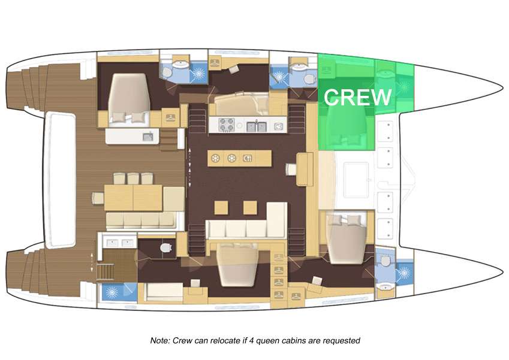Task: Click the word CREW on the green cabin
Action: [357, 97]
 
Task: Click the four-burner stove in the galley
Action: [227, 125]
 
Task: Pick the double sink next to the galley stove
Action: [257, 126]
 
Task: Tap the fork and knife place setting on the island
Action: [248, 158]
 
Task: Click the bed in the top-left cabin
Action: [129, 98]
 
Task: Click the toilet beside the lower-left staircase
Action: [166, 248]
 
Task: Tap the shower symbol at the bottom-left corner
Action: [113, 292]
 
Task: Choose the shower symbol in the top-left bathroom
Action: [197, 74]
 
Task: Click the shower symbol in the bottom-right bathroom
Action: [404, 273]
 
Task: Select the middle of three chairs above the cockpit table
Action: [133, 179]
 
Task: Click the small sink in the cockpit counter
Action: [148, 137]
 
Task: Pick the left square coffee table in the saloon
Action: [221, 208]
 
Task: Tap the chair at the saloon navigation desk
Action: [291, 169]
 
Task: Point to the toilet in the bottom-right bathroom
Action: [385, 261]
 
